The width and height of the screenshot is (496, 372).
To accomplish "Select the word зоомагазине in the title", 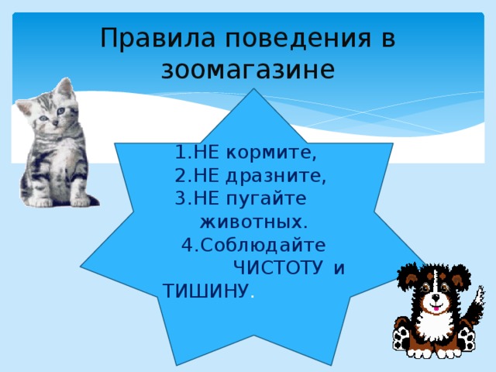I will [x=248, y=70].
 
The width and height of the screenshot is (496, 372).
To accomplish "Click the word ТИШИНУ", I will [x=205, y=290].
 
